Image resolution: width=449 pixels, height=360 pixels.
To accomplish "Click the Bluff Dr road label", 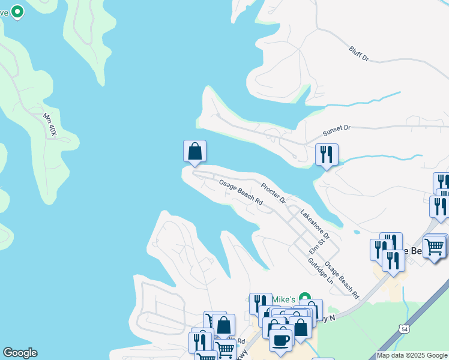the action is [x=358, y=53].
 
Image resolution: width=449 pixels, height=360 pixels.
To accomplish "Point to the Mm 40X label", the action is [x=49, y=124].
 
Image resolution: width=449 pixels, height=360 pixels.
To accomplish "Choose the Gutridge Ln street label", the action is [x=320, y=271].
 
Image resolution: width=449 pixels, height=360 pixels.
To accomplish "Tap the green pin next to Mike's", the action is [x=304, y=298].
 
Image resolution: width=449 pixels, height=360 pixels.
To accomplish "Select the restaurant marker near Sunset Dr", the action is [x=327, y=154].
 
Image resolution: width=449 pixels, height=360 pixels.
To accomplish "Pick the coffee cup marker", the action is [x=280, y=340].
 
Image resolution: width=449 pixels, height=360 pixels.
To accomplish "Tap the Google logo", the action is [x=19, y=352].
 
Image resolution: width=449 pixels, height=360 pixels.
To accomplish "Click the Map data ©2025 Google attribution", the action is [x=412, y=355].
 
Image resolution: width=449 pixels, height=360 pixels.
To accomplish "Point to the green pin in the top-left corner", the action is [x=17, y=11].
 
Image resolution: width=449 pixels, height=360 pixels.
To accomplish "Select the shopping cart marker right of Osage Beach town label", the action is [x=435, y=246].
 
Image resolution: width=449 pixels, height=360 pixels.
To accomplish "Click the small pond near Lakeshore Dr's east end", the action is [x=357, y=232].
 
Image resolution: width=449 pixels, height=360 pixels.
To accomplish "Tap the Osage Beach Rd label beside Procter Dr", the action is [x=241, y=191].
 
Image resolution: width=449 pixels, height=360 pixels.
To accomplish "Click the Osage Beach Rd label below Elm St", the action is [x=342, y=280].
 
